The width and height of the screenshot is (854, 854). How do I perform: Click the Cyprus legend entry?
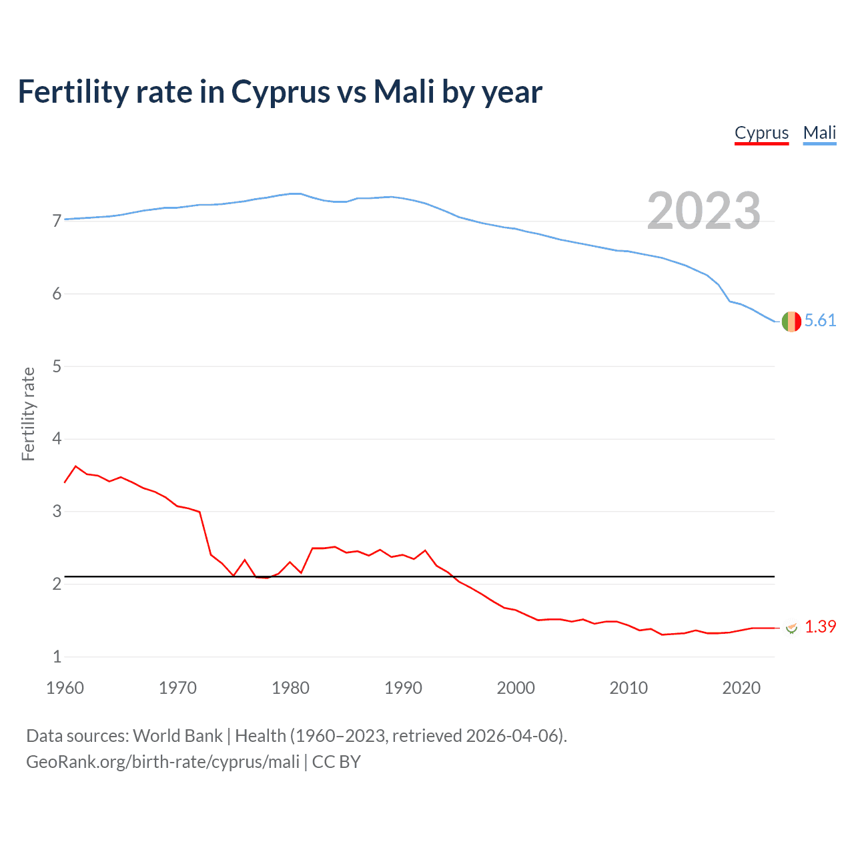click(x=761, y=133)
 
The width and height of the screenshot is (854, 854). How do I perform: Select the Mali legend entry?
click(x=819, y=133)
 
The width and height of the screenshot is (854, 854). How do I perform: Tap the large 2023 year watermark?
click(x=703, y=211)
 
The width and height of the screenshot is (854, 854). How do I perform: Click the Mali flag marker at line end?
click(x=791, y=321)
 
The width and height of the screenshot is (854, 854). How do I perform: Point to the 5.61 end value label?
click(x=820, y=321)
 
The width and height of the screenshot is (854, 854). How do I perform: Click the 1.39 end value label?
click(x=820, y=626)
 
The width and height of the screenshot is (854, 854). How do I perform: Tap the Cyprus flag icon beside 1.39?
click(x=792, y=628)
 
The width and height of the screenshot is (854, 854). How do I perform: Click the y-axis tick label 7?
click(x=57, y=221)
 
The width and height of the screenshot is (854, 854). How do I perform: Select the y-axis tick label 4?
click(x=57, y=439)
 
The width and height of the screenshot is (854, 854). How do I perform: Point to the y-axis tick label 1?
click(x=57, y=657)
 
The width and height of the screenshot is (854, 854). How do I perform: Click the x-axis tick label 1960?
click(x=65, y=688)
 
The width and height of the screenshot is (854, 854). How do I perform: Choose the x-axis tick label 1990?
click(x=403, y=688)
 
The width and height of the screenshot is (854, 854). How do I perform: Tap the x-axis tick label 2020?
click(x=741, y=688)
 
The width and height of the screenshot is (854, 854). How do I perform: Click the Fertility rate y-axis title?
click(x=28, y=414)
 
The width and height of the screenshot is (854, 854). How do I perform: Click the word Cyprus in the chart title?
click(x=280, y=92)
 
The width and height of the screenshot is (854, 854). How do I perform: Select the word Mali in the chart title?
click(x=404, y=92)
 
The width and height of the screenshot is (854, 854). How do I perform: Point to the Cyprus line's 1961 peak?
click(x=75, y=466)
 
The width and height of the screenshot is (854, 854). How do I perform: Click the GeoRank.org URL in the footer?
click(x=163, y=762)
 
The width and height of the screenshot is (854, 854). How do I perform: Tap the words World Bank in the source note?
click(x=177, y=736)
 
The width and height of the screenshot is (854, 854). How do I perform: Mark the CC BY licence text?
click(x=336, y=762)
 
